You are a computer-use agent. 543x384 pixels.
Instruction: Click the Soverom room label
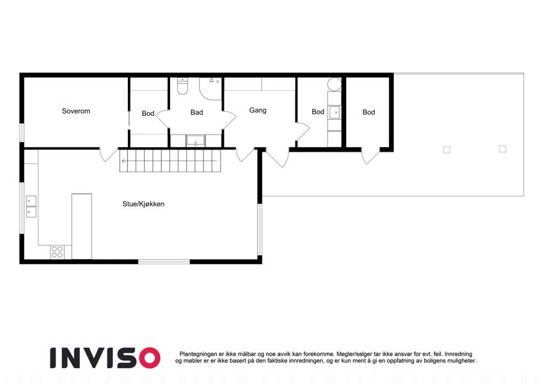76,111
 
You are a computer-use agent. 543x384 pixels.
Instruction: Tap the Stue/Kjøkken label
143,204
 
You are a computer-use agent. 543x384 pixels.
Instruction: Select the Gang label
258,110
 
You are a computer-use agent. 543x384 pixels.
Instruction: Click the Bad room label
196,112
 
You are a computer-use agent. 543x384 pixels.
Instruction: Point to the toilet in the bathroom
182,86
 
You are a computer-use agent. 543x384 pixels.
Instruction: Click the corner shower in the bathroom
210,88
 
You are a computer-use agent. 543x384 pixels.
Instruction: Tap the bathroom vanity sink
196,141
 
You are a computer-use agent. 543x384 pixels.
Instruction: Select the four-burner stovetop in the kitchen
57,252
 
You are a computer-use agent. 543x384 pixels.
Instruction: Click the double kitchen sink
31,206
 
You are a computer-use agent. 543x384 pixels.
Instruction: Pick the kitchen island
82,226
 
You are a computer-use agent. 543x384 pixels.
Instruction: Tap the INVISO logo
105,358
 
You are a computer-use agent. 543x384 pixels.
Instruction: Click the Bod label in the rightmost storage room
368,112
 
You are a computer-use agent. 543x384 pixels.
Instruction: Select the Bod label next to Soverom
148,113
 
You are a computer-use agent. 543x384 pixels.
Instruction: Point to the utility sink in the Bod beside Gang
334,112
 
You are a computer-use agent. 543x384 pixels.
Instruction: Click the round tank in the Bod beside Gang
334,84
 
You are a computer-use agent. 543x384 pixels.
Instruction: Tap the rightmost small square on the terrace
503,148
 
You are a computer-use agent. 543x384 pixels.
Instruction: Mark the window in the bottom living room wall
164,261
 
